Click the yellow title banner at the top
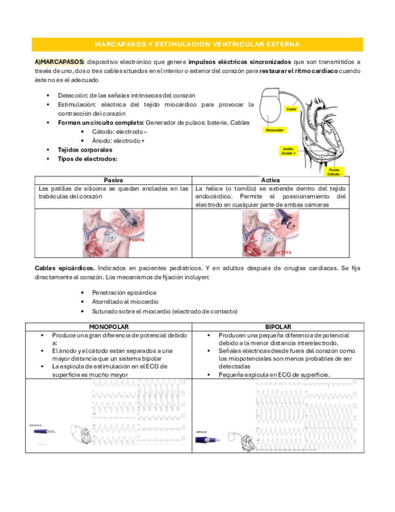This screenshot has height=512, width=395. pyautogui.click(x=197, y=45)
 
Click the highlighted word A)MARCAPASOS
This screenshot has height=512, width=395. pyautogui.click(x=59, y=62)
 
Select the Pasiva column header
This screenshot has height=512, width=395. pyautogui.click(x=113, y=180)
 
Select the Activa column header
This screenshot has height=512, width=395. pyautogui.click(x=270, y=180)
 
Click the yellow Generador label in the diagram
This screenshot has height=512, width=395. pyautogui.click(x=275, y=130)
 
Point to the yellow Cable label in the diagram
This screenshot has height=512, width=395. pyautogui.click(x=291, y=109)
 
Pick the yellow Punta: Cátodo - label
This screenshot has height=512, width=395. pyautogui.click(x=335, y=172)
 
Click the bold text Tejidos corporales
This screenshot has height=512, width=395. pyautogui.click(x=85, y=150)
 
